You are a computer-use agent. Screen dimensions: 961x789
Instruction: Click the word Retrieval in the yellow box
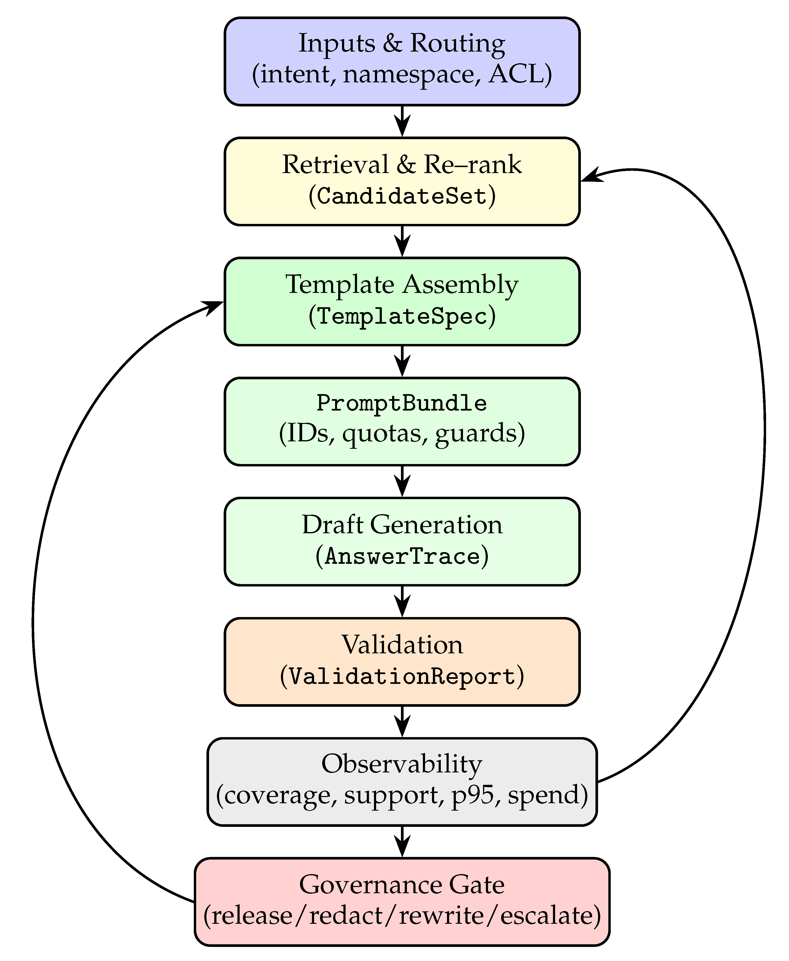(x=335, y=164)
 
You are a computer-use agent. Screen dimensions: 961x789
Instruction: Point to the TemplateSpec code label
(x=402, y=316)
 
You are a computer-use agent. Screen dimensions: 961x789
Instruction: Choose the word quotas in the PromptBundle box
(x=382, y=433)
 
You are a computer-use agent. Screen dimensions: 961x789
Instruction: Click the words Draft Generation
(x=402, y=525)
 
